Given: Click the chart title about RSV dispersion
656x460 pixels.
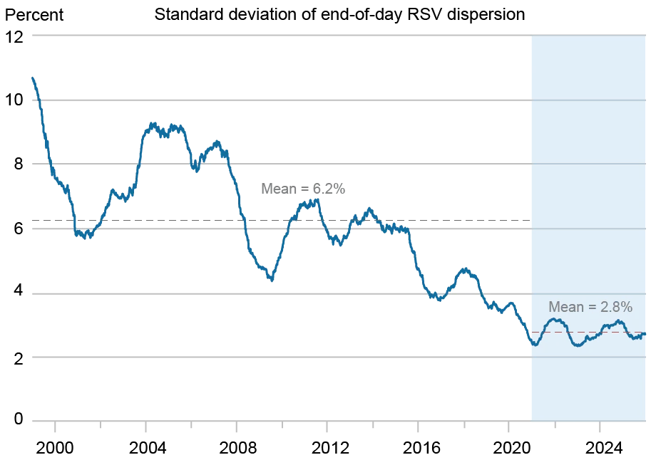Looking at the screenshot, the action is pyautogui.click(x=339, y=15).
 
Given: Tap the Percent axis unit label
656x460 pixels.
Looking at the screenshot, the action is pyautogui.click(x=34, y=16).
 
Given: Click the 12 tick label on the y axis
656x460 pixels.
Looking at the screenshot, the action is pyautogui.click(x=14, y=37).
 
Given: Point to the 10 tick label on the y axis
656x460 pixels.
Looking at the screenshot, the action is pyautogui.click(x=14, y=100).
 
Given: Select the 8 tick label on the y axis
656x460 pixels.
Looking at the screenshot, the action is pyautogui.click(x=19, y=163).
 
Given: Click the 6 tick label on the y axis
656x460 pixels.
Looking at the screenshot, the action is pyautogui.click(x=19, y=229).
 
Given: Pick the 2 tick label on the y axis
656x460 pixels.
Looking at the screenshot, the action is pyautogui.click(x=19, y=357).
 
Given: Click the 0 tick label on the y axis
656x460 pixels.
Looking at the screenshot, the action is pyautogui.click(x=19, y=418).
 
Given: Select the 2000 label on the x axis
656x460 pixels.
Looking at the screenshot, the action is pyautogui.click(x=55, y=449).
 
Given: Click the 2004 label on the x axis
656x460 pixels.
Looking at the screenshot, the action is pyautogui.click(x=146, y=449).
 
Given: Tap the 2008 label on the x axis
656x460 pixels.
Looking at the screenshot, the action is pyautogui.click(x=237, y=449).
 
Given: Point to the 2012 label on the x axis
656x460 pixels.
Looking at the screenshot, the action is pyautogui.click(x=328, y=449).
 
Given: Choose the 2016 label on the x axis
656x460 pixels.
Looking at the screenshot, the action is pyautogui.click(x=419, y=449).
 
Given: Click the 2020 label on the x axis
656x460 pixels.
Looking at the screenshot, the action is pyautogui.click(x=511, y=449).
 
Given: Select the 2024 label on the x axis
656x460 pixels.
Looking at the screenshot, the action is pyautogui.click(x=603, y=449).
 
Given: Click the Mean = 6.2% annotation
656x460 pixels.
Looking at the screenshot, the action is pyautogui.click(x=303, y=189).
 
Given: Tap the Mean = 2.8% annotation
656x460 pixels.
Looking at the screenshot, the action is pyautogui.click(x=590, y=307).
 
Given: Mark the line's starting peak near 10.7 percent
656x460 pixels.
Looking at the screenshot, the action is pyautogui.click(x=33, y=78).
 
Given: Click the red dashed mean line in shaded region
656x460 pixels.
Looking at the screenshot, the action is pyautogui.click(x=588, y=332).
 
